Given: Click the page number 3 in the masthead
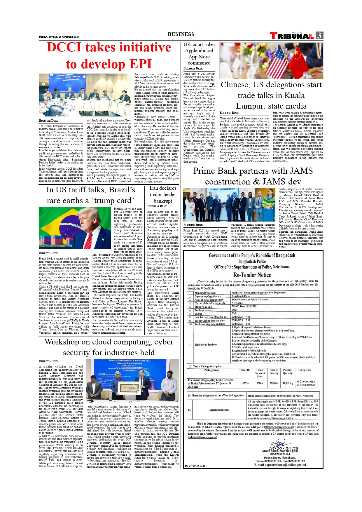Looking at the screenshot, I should coord(319,36).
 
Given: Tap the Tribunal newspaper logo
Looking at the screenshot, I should coord(291,36).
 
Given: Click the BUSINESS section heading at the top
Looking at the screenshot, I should coord(181,34).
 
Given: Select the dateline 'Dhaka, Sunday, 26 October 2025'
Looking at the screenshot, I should coord(59,37).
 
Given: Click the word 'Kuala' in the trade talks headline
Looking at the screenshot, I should coord(295,95).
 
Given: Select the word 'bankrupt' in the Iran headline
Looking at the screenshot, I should coord(163,201).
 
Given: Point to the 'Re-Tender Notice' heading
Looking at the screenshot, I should coord(252,275).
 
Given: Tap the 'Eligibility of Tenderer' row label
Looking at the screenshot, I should coord(206,345).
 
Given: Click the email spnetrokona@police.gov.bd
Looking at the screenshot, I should coord(280,465).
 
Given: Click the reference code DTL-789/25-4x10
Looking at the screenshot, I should coord(196,466).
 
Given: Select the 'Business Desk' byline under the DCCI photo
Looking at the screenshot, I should coord(49,121).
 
